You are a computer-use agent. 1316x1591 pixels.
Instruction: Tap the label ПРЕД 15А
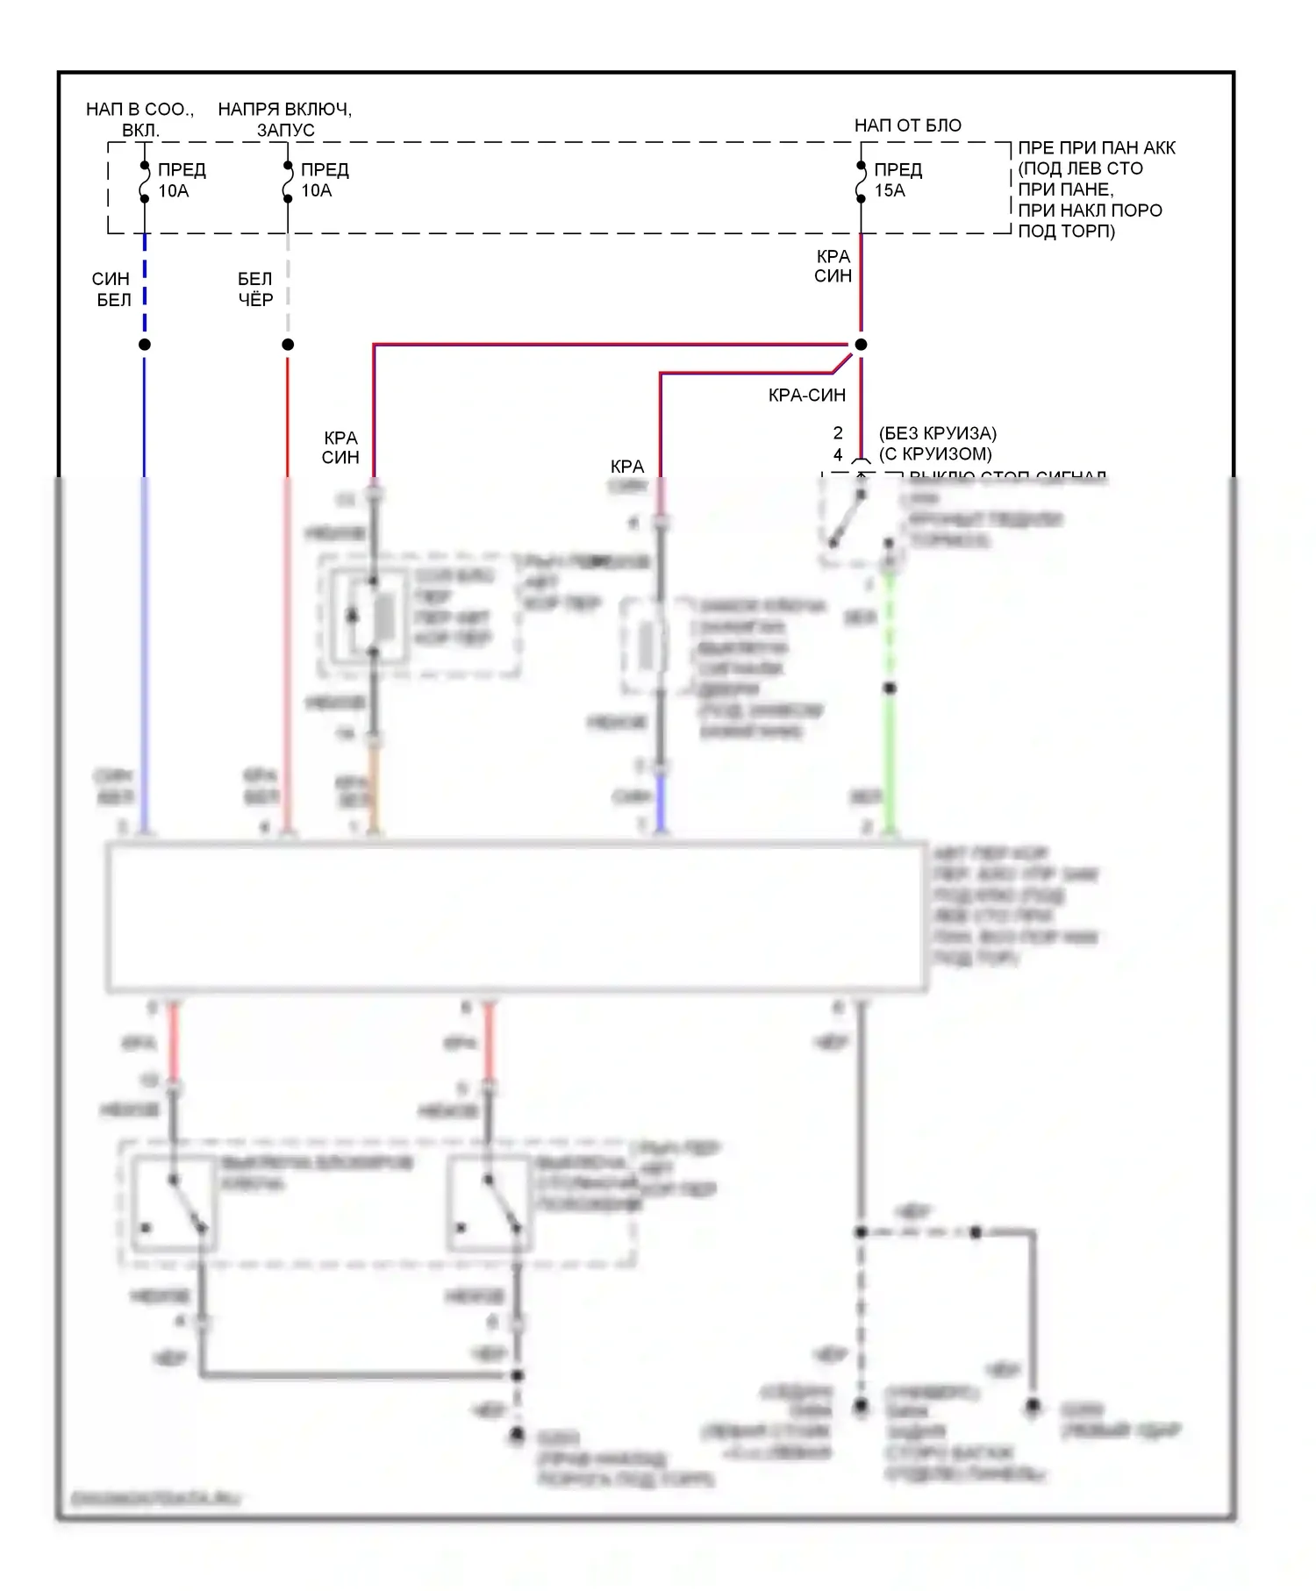tap(898, 180)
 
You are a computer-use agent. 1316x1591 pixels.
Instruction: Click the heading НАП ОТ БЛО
tap(907, 125)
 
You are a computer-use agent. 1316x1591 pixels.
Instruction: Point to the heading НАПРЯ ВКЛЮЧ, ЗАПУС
tap(284, 119)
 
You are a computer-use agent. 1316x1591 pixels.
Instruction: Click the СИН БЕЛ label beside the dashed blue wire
tap(111, 289)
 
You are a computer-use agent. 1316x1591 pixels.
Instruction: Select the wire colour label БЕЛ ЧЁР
tap(255, 289)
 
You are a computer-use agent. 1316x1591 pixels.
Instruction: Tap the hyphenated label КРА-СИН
tap(806, 396)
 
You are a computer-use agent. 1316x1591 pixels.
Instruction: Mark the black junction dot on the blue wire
tap(145, 345)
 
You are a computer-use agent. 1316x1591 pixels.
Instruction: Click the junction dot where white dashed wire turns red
tap(288, 345)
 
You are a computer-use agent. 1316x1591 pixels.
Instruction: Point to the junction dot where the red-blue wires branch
tap(861, 345)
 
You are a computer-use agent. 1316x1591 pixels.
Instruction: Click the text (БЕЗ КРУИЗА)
tap(937, 433)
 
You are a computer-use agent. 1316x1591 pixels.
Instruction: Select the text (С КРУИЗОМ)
tap(935, 454)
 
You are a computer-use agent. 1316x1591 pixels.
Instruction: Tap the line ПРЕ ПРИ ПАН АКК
tap(1096, 148)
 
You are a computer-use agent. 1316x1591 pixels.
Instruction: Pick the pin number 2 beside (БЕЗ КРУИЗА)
tap(838, 433)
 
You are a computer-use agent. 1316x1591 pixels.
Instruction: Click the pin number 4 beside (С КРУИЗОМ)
tap(838, 454)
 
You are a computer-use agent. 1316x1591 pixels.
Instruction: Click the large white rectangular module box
tap(516, 917)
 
